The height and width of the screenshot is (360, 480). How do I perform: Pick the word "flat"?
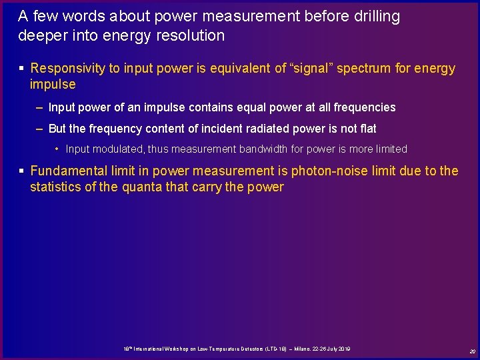coord(366,129)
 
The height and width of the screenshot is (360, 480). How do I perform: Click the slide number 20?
coord(472,351)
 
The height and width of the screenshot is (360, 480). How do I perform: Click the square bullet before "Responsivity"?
coord(22,68)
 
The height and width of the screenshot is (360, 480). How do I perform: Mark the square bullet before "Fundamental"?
coord(22,171)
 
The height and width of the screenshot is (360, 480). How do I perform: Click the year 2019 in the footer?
coord(344,349)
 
